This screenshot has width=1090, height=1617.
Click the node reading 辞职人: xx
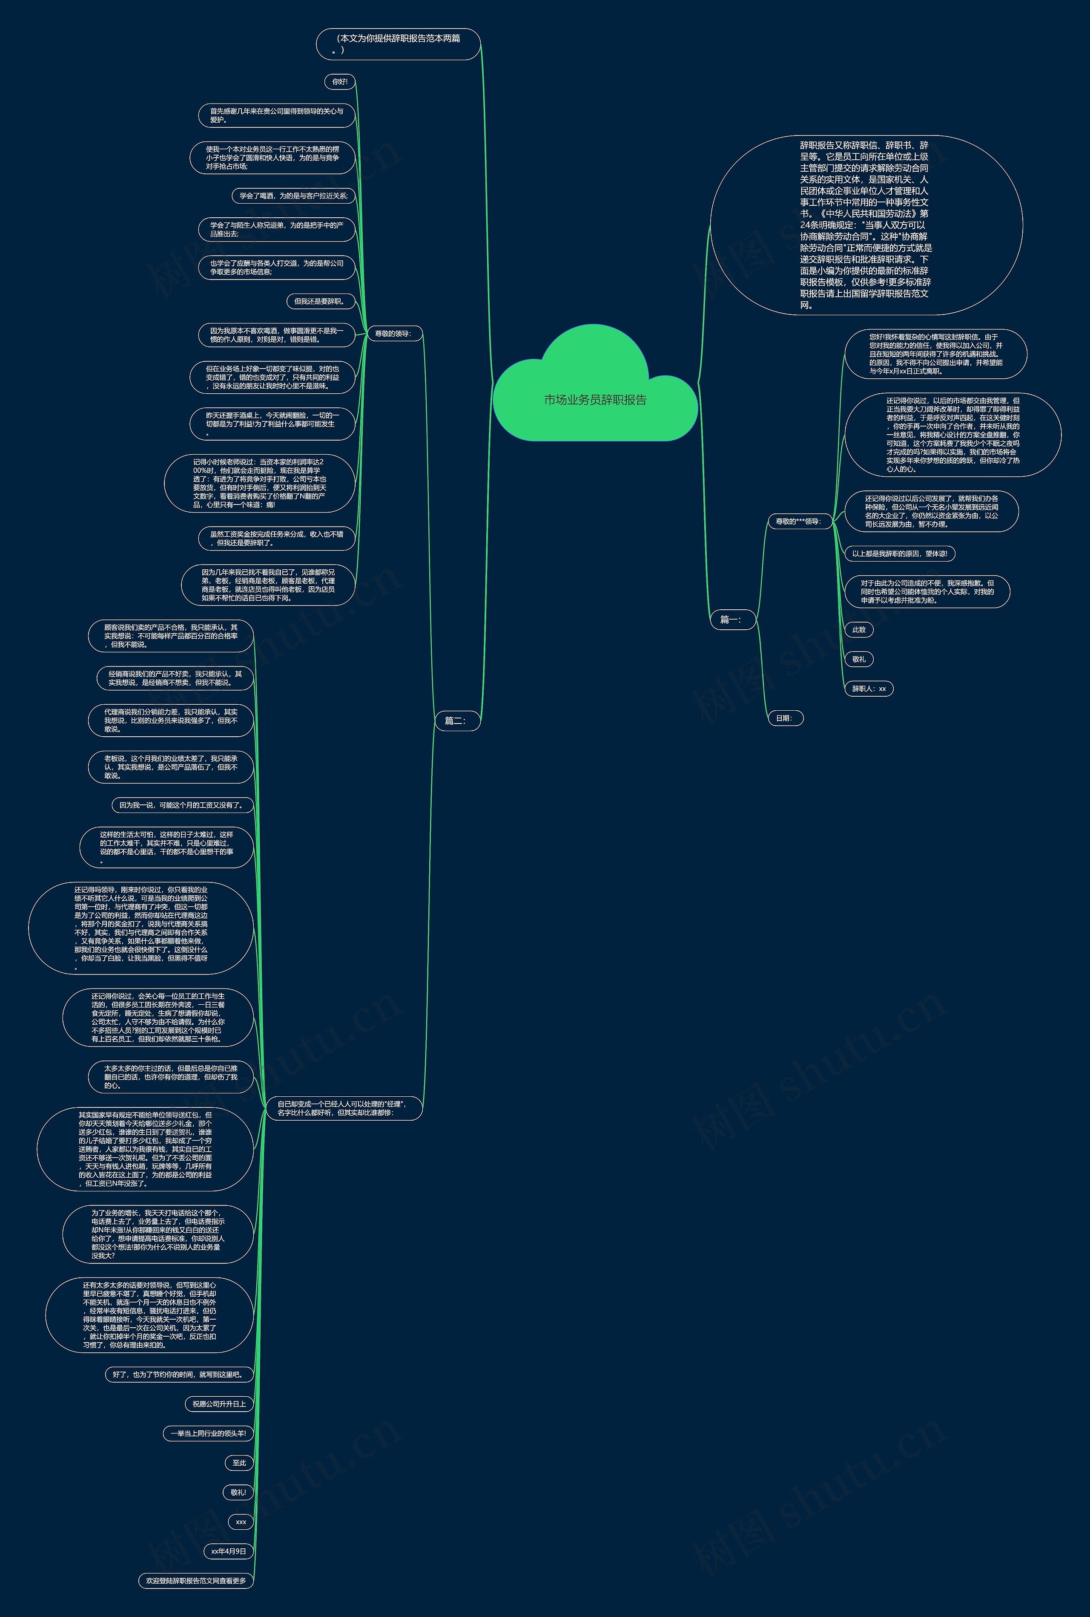pyautogui.click(x=869, y=689)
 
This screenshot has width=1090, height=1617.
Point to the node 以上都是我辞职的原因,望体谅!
pyautogui.click(x=900, y=553)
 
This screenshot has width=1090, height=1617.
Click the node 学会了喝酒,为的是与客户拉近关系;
pyautogui.click(x=293, y=196)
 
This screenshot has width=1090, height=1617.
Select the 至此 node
pyautogui.click(x=239, y=1463)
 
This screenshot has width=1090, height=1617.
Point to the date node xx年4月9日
pyautogui.click(x=229, y=1551)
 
